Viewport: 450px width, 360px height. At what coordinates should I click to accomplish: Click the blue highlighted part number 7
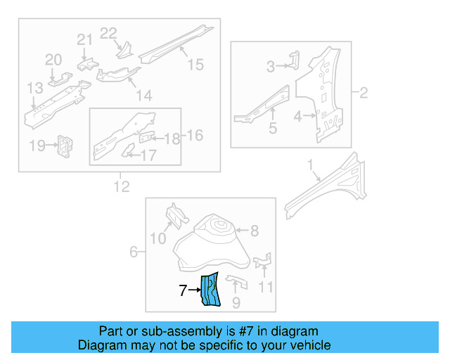pos(211,290)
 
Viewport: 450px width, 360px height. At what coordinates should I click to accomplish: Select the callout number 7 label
pos(183,290)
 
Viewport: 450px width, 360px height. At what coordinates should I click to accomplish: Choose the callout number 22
pos(108,33)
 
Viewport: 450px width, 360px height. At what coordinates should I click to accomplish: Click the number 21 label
pos(84,40)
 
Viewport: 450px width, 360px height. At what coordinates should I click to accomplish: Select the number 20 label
pos(54,60)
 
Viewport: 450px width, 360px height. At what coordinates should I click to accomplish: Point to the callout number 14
pos(143,96)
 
